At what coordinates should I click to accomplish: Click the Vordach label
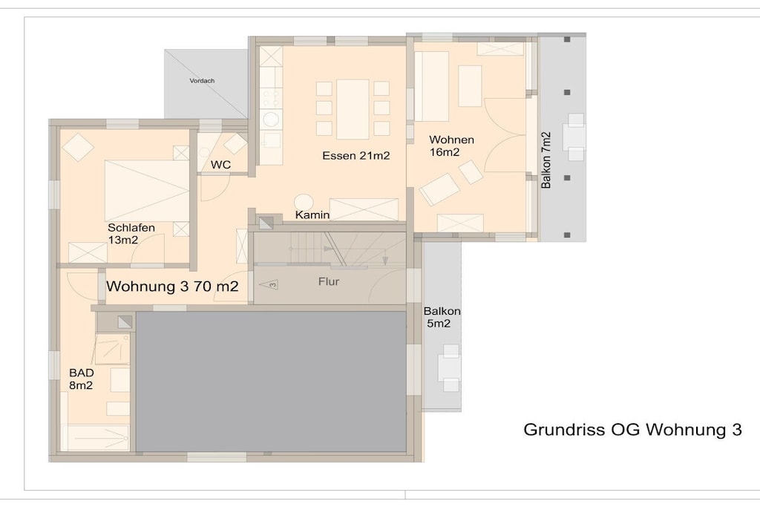click(x=202, y=81)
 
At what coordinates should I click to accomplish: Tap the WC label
click(x=220, y=165)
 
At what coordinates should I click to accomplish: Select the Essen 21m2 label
click(x=356, y=156)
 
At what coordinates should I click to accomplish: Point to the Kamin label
click(x=312, y=215)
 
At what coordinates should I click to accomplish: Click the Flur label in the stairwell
click(x=329, y=281)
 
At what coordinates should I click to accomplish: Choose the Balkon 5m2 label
click(x=442, y=317)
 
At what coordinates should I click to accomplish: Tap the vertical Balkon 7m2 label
click(x=546, y=160)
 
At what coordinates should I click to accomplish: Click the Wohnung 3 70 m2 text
click(x=172, y=286)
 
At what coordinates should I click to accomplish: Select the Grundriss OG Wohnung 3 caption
click(x=632, y=430)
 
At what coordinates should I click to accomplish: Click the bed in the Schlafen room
click(x=147, y=191)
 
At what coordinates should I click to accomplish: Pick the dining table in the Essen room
click(x=353, y=109)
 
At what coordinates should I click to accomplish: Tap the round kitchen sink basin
click(x=270, y=118)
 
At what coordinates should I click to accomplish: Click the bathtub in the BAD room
click(x=95, y=437)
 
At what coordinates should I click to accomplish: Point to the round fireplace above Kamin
click(x=304, y=201)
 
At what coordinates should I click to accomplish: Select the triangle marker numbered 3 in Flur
click(x=269, y=284)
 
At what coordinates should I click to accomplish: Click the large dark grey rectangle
click(x=271, y=382)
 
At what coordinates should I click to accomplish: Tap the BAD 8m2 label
click(x=81, y=379)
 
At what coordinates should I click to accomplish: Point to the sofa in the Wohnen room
click(x=431, y=86)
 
